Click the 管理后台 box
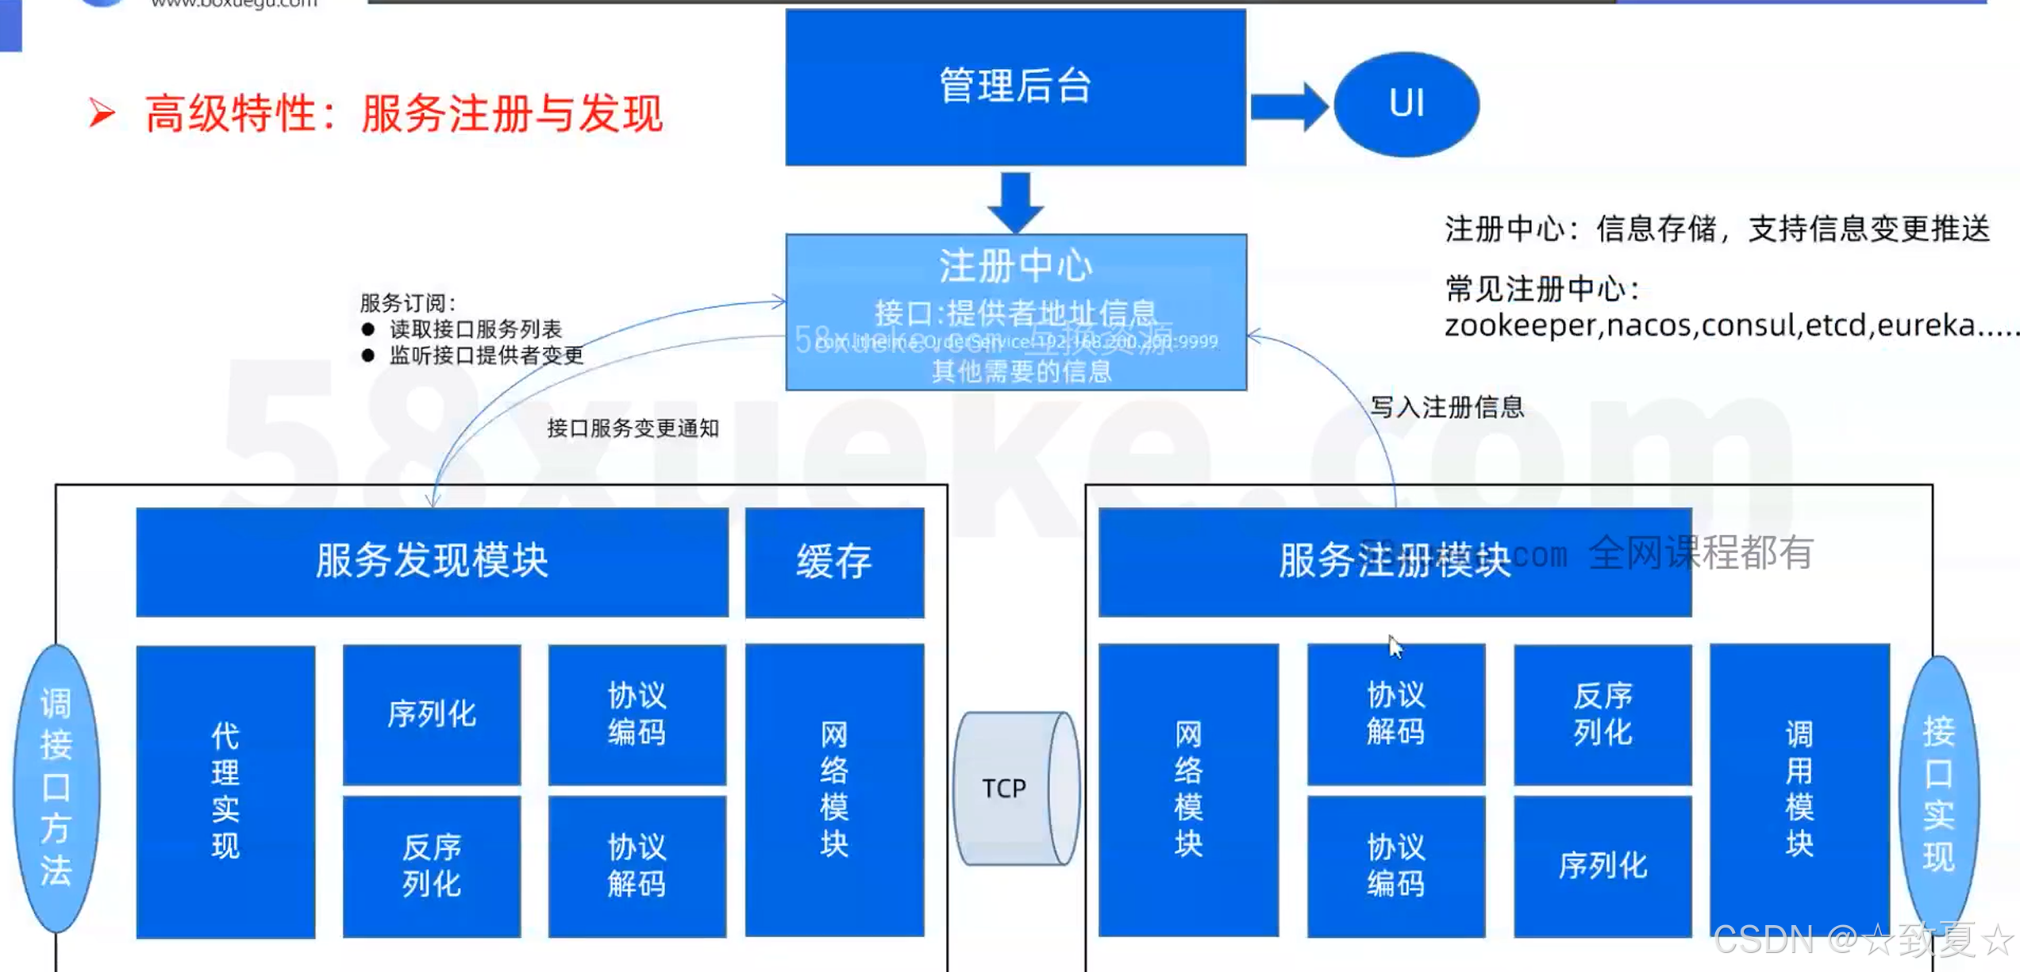1015,86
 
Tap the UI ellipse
1406,104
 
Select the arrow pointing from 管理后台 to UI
1287,106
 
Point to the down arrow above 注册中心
1015,202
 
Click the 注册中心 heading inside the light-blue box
1015,266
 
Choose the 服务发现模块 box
432,562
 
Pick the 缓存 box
834,562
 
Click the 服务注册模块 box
1395,562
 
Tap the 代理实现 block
225,791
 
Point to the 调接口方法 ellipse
56,788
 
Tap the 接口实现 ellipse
1937,793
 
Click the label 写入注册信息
1447,407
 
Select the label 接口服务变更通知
633,428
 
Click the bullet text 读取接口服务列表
475,328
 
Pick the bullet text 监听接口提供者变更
487,355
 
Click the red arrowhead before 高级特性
102,113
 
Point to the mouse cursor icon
1395,647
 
